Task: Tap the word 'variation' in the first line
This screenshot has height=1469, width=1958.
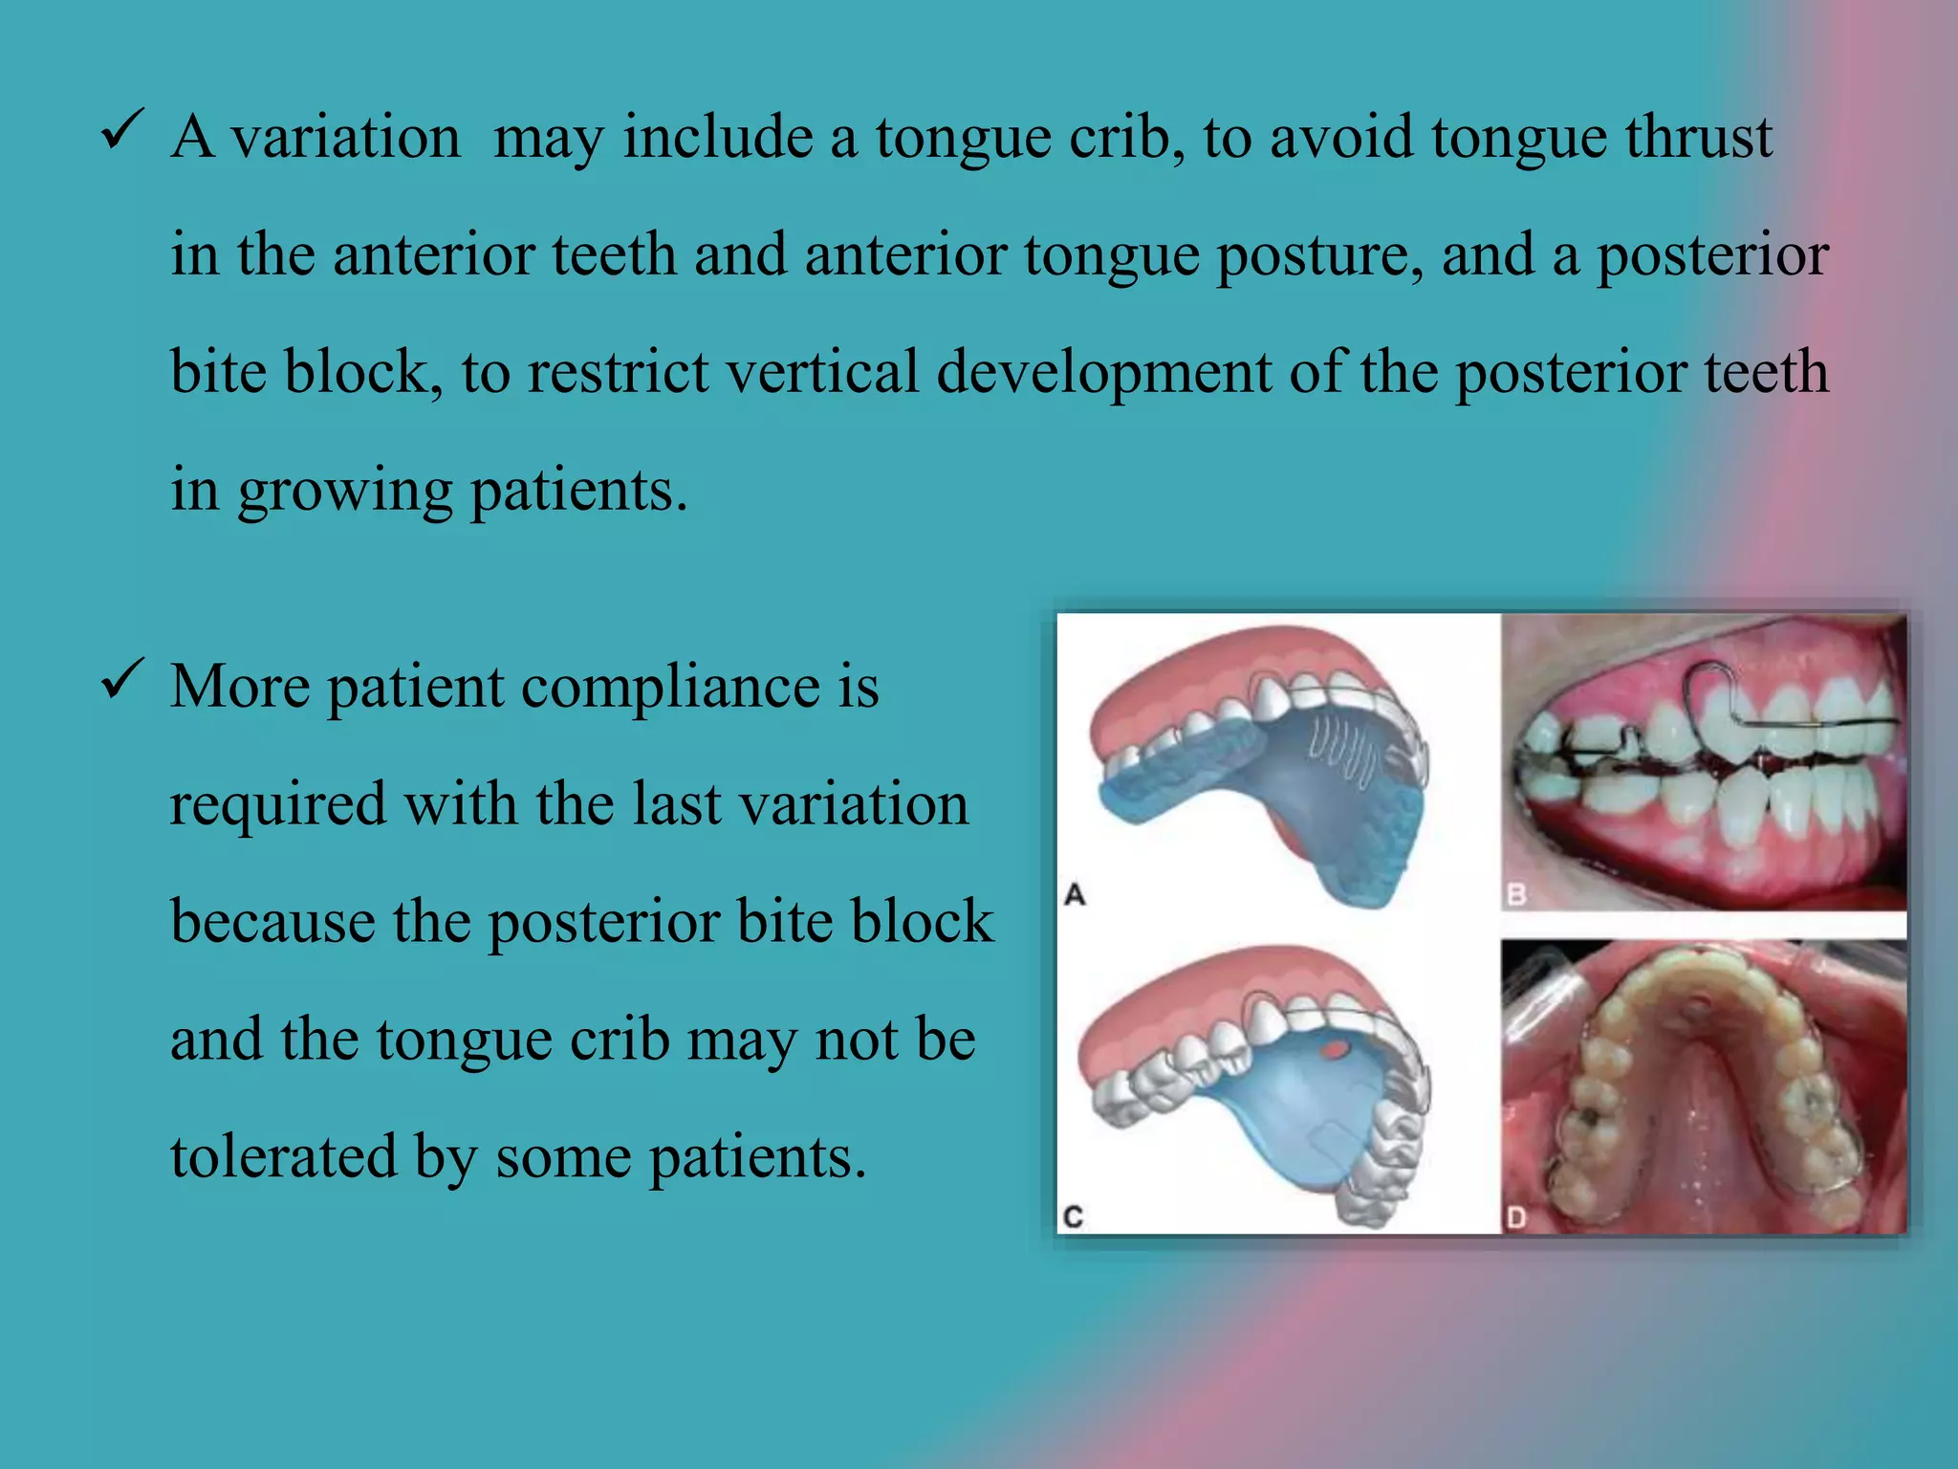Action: coord(345,137)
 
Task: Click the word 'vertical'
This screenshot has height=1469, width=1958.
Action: coord(822,372)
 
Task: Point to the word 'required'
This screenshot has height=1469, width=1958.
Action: coord(277,805)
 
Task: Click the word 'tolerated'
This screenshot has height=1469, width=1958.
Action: coord(283,1156)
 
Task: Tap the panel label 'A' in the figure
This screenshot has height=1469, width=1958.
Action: coord(1075,895)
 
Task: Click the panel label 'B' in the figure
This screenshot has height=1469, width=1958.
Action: coord(1516,895)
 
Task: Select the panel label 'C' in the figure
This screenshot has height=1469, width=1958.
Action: coord(1074,1217)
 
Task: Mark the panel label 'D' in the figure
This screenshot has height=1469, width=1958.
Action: coord(1516,1217)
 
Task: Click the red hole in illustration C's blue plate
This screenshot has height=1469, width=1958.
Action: coord(1334,1050)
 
